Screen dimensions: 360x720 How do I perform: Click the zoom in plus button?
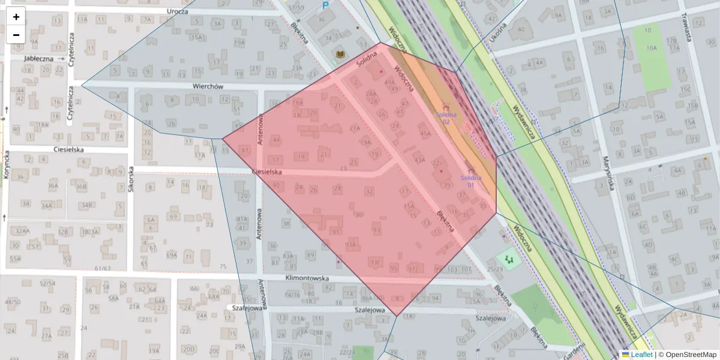[16, 17]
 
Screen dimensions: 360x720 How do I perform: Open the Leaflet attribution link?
[641, 355]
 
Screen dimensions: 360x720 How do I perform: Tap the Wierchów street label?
[208, 86]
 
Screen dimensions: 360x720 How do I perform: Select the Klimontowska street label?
[308, 279]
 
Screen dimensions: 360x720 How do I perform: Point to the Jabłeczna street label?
[39, 59]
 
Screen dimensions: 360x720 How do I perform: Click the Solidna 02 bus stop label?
[446, 118]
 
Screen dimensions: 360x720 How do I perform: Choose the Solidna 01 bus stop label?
[471, 181]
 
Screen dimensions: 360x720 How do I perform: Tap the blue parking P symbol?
[326, 6]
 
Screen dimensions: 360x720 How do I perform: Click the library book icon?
[340, 55]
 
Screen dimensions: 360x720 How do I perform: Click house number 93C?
[376, 262]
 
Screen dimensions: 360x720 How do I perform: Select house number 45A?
[425, 134]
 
